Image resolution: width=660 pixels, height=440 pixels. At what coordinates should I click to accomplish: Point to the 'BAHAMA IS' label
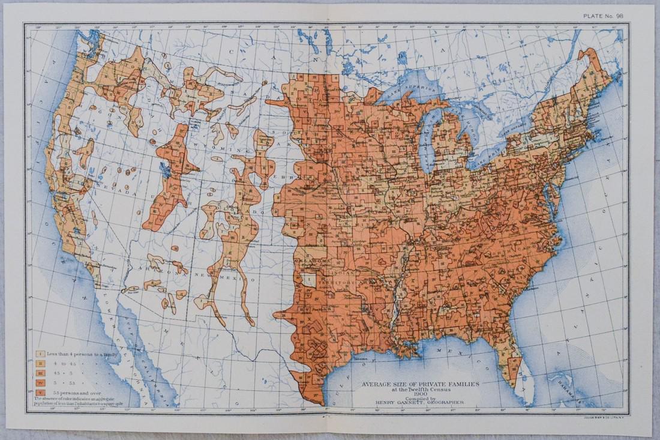coord(564,378)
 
